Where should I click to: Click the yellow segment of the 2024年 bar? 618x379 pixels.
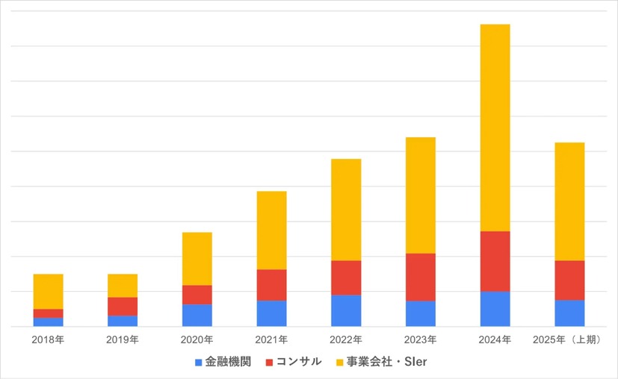[495, 128]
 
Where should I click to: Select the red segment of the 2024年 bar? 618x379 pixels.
[495, 261]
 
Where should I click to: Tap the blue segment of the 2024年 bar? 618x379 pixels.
[495, 309]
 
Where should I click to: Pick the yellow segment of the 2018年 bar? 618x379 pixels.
[48, 292]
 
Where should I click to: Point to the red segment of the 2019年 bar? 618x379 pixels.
[123, 307]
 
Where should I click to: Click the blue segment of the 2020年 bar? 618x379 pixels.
[197, 316]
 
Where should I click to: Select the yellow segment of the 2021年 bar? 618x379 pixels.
[271, 231]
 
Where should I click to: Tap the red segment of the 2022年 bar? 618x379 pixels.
[346, 278]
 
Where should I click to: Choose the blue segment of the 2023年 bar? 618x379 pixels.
[421, 313]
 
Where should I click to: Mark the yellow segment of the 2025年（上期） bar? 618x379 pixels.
[569, 201]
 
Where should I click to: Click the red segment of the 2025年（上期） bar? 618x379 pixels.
[569, 281]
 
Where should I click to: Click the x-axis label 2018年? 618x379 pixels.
[48, 340]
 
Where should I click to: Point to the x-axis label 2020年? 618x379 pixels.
[197, 340]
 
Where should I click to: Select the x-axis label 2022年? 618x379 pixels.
[346, 340]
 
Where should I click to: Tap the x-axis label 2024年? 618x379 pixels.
[495, 340]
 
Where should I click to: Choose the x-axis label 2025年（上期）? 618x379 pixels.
[569, 340]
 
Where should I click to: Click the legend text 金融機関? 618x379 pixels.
[228, 362]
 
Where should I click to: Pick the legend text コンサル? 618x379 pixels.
[298, 362]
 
